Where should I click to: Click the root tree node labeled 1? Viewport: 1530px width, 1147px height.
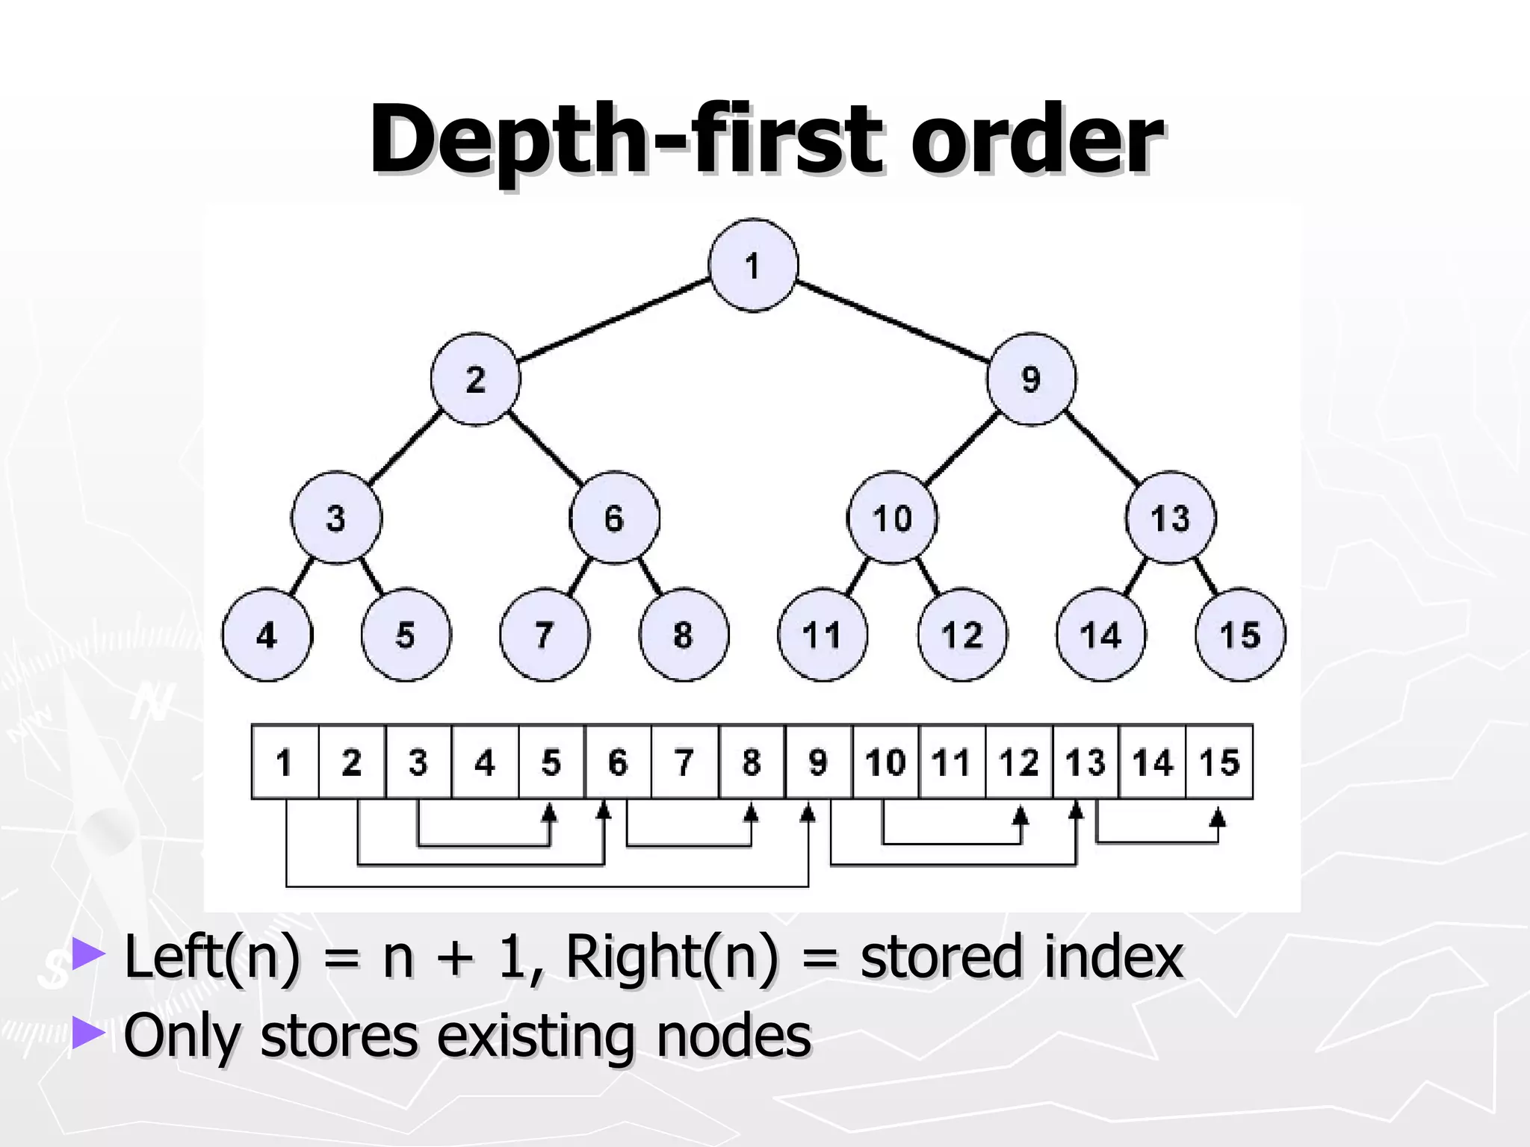pyautogui.click(x=752, y=265)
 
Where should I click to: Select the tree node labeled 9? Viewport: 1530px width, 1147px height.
pyautogui.click(x=1031, y=379)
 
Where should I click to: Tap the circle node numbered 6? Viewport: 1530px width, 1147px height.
pyautogui.click(x=614, y=517)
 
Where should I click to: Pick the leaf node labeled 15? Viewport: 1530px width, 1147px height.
pyautogui.click(x=1240, y=635)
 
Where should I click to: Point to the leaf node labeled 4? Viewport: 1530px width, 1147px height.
pyautogui.click(x=267, y=635)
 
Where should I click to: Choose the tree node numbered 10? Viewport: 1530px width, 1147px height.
pyautogui.click(x=892, y=517)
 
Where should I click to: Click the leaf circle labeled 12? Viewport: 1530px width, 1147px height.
pyautogui.click(x=961, y=635)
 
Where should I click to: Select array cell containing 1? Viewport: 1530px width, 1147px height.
pyautogui.click(x=285, y=762)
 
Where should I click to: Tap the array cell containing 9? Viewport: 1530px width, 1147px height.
pyautogui.click(x=819, y=762)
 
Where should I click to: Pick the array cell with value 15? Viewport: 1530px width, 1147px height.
pyautogui.click(x=1219, y=762)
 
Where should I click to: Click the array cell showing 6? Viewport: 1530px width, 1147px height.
pyautogui.click(x=618, y=762)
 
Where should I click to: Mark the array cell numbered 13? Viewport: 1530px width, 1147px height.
pyautogui.click(x=1085, y=762)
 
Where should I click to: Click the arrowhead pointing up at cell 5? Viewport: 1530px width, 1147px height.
pyautogui.click(x=550, y=812)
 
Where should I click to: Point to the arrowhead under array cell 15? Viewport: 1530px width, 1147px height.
pyautogui.click(x=1218, y=817)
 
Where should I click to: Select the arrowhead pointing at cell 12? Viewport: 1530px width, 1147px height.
pyautogui.click(x=1020, y=815)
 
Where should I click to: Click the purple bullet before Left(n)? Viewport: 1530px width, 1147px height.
pyautogui.click(x=88, y=954)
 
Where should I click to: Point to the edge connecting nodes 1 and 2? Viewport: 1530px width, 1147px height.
pyautogui.click(x=614, y=320)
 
